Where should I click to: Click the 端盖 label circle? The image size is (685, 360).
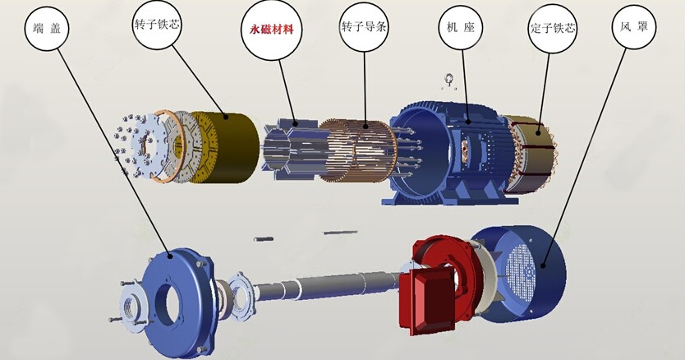[47, 29]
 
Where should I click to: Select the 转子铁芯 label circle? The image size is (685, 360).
[156, 24]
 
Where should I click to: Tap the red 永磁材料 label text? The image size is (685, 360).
[271, 30]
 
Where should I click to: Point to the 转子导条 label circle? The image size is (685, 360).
[364, 26]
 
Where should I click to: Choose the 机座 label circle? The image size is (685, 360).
[461, 28]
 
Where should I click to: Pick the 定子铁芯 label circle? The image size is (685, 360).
[553, 29]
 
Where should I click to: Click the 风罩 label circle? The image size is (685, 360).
[634, 26]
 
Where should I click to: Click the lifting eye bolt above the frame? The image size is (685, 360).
[449, 82]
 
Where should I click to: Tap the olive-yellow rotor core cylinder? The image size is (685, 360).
[223, 146]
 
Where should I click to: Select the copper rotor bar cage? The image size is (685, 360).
[357, 151]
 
